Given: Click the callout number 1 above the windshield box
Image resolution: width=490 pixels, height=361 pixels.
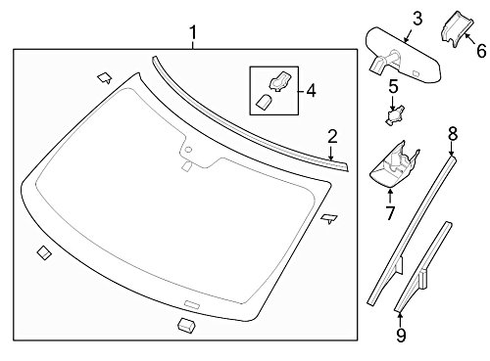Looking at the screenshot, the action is pos(193,33).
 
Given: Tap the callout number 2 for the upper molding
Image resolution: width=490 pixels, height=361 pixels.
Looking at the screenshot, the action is pos(332,137).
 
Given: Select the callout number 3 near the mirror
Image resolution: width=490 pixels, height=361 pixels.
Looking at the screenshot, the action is pos(417,19).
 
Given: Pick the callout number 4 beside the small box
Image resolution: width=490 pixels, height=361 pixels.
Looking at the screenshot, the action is pos(312,91).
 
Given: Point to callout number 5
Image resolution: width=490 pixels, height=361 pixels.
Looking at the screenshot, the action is pos(394,86).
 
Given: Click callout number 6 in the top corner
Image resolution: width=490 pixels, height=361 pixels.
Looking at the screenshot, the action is pos(481,51).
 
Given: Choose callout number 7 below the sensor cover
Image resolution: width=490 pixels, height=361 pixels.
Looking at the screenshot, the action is pos(390,213).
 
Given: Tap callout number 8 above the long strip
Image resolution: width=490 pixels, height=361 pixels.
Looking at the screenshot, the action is pos(453,134).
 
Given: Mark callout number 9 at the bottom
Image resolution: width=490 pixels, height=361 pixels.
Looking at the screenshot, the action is pos(401,335).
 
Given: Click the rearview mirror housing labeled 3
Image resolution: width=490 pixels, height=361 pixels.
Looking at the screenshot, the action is pos(404,56).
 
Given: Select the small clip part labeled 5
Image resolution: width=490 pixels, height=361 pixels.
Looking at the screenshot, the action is pos(395,115).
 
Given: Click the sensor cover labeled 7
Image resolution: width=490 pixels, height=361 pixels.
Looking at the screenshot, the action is pos(394,164).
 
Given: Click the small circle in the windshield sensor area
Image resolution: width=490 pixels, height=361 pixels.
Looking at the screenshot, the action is pos(188,150).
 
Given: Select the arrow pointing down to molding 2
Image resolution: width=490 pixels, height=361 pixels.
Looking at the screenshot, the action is pos(331,154).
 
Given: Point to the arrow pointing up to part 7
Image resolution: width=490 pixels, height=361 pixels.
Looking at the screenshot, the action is pos(390,196).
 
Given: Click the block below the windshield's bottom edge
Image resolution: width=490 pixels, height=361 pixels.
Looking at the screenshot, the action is pos(186,325).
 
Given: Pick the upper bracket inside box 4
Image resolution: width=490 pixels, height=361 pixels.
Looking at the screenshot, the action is pos(280,81).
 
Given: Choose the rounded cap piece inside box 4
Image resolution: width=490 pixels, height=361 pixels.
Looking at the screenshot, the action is pos(263,102).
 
